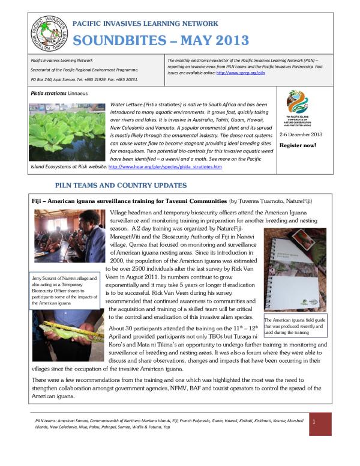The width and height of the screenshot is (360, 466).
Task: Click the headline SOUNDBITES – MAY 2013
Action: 161,41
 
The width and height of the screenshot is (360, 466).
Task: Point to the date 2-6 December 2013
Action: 301,135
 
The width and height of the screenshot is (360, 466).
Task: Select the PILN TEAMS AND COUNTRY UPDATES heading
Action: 121,186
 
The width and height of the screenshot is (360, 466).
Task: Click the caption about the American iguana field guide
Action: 295,327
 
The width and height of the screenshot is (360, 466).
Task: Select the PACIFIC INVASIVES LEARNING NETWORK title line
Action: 145,23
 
